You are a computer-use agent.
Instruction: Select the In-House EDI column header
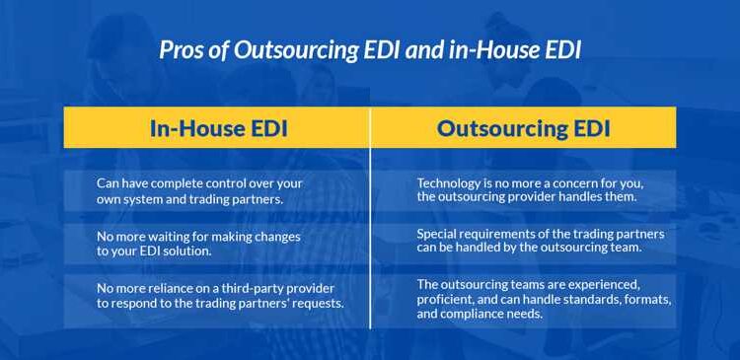point(217,128)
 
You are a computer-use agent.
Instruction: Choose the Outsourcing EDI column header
point(524,128)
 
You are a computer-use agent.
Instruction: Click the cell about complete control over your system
point(217,190)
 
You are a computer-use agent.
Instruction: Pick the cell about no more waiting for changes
point(217,244)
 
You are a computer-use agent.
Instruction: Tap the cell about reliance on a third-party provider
point(217,296)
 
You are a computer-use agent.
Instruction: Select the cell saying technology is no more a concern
point(524,190)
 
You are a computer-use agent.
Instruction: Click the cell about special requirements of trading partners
point(524,242)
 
